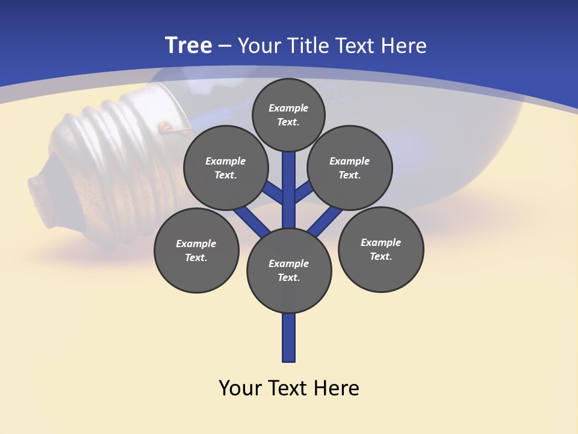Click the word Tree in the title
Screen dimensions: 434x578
point(188,46)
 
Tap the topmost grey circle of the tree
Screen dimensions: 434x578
point(288,115)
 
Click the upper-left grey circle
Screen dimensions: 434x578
point(226,168)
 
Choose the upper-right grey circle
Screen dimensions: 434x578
point(350,168)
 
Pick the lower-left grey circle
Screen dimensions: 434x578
point(196,250)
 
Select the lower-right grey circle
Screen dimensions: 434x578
point(381,249)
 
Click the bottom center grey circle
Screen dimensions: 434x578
point(289,270)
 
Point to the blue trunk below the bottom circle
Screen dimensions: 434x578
point(289,338)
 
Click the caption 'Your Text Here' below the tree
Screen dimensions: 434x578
point(289,388)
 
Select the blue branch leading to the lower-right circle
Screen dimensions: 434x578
point(325,221)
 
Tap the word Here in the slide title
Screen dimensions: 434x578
point(404,46)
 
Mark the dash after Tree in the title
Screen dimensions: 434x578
point(225,46)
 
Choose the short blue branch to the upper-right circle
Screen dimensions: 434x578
point(304,192)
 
